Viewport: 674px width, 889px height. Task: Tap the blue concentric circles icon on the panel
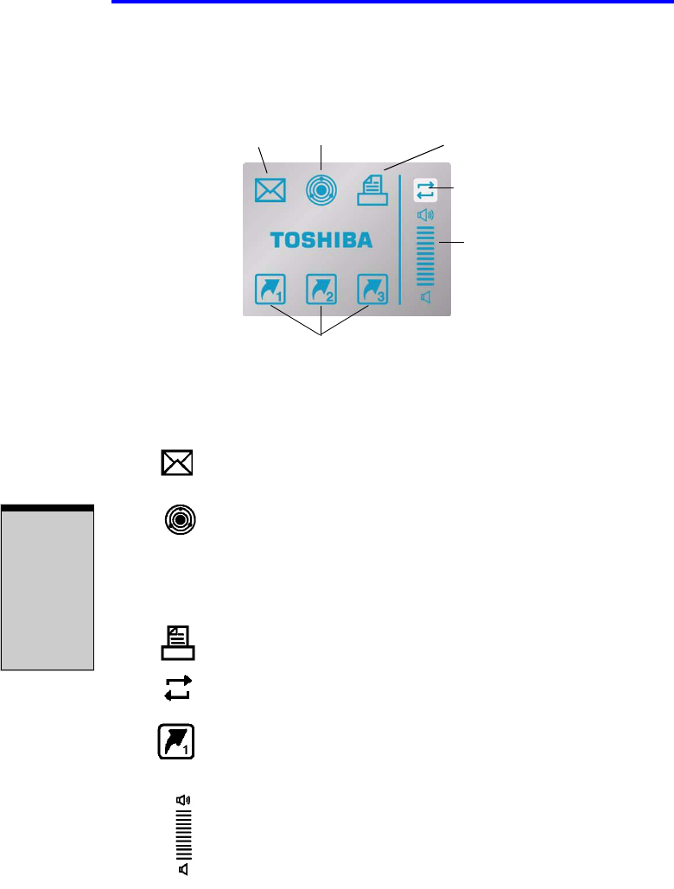(x=321, y=190)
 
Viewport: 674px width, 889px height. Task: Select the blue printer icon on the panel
(x=374, y=189)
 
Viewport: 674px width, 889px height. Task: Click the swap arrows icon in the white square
(x=425, y=190)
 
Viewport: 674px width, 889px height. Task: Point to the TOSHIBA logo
(x=321, y=240)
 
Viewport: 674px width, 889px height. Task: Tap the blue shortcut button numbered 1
(x=270, y=289)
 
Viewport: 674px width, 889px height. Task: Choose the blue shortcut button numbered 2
(x=321, y=289)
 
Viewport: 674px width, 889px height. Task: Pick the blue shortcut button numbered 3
(x=374, y=289)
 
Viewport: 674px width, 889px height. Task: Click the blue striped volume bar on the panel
(x=425, y=257)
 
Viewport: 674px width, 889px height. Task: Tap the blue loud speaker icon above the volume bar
(x=425, y=215)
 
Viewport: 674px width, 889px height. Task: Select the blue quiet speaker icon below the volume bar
(x=425, y=297)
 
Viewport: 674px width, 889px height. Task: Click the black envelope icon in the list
(x=177, y=462)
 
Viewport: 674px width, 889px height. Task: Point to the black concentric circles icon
(x=180, y=521)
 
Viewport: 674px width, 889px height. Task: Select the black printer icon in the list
(x=177, y=643)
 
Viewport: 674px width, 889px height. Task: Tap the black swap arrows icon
(x=177, y=688)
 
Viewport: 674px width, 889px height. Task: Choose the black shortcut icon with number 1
(x=177, y=741)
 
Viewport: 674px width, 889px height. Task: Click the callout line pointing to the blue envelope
(x=263, y=159)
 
